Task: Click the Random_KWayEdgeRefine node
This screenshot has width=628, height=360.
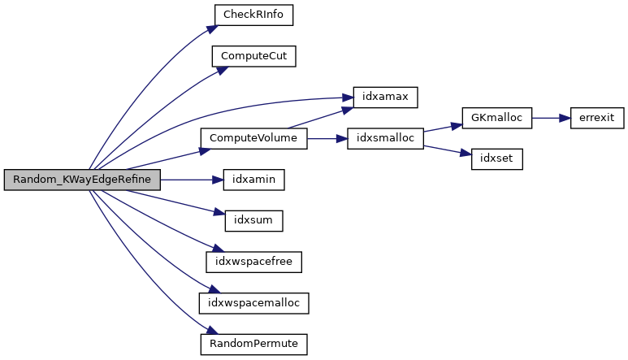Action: [81, 180]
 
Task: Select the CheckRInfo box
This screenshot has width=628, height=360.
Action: [253, 15]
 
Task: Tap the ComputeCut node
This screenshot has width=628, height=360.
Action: [253, 57]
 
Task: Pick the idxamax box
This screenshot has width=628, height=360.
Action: [384, 98]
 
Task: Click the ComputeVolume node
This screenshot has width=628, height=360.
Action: [253, 139]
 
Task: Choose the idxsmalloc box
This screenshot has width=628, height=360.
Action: [384, 139]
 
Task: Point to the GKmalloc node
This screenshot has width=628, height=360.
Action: [496, 118]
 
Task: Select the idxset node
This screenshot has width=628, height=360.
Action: [496, 159]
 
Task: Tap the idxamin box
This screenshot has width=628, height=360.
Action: [253, 180]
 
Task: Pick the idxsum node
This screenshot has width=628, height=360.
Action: [253, 221]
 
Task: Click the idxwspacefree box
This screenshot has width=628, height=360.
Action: [253, 262]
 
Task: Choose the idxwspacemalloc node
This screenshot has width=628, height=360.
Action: [253, 303]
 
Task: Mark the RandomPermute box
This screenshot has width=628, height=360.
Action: [253, 344]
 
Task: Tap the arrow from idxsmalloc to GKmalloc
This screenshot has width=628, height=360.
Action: [443, 128]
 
